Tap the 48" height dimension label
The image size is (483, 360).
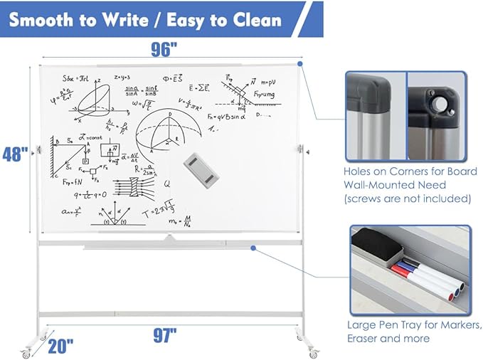(x=14, y=155)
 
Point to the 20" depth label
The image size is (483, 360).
(x=60, y=346)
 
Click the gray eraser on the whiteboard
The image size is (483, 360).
(x=198, y=169)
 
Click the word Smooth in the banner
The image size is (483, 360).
(x=45, y=19)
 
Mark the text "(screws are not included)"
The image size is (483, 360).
(x=407, y=198)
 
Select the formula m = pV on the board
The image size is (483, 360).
(x=268, y=82)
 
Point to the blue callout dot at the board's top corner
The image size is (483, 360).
(x=301, y=64)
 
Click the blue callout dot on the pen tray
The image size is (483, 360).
(x=253, y=248)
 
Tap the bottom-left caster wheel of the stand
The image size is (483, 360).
(x=27, y=352)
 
